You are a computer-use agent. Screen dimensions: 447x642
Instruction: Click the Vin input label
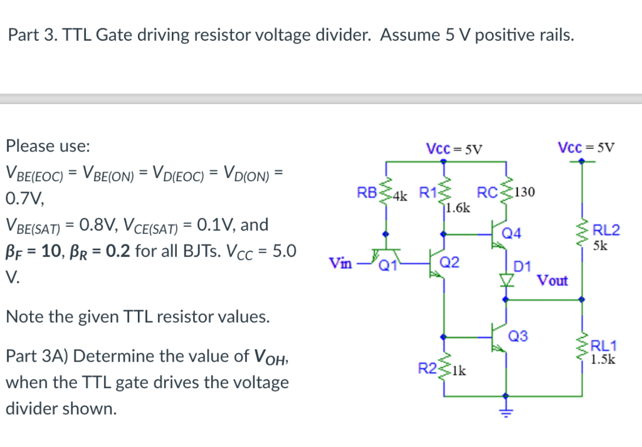click(340, 263)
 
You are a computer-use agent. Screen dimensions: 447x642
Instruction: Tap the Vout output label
click(552, 280)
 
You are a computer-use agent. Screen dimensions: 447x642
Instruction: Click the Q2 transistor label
click(450, 262)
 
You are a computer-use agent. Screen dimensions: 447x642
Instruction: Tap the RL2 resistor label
click(606, 230)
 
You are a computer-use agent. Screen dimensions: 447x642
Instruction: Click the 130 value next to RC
click(524, 192)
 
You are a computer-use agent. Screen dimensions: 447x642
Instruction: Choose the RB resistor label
click(367, 192)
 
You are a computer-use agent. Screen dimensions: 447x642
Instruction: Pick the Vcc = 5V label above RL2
click(586, 147)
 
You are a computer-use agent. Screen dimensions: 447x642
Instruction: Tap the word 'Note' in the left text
click(22, 317)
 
